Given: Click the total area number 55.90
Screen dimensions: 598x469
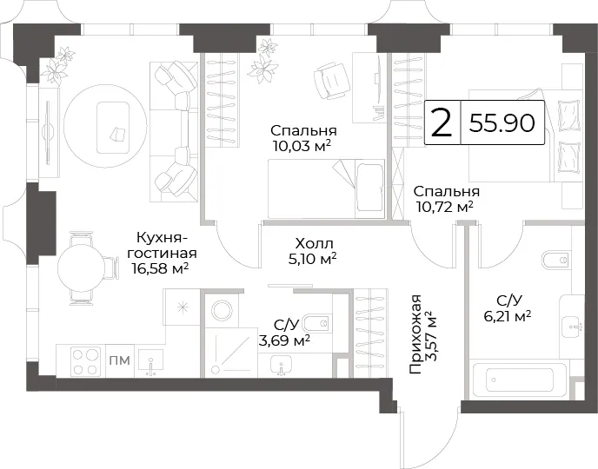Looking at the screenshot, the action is [x=502, y=122].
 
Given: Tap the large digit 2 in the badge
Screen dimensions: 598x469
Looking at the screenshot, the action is [x=442, y=122].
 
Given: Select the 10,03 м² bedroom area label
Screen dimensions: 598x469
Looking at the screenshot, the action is [x=302, y=146].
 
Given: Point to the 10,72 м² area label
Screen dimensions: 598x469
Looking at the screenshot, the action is [x=445, y=207].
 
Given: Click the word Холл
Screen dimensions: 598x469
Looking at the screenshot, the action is [x=315, y=243].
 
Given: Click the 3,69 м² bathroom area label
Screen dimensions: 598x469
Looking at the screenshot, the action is [x=283, y=340].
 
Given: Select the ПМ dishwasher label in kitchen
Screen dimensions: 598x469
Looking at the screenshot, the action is [x=120, y=360].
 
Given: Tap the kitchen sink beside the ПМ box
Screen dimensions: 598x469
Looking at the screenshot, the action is [x=150, y=363].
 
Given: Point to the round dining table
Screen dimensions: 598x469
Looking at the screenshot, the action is [x=81, y=268].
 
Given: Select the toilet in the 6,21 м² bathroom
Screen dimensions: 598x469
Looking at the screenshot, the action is [x=556, y=261].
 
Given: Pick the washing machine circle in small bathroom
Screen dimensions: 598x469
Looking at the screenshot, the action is [x=222, y=310].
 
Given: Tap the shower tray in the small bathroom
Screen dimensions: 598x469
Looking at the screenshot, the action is [x=230, y=353].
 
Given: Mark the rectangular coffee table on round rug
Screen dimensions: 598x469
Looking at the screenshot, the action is [x=112, y=127].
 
